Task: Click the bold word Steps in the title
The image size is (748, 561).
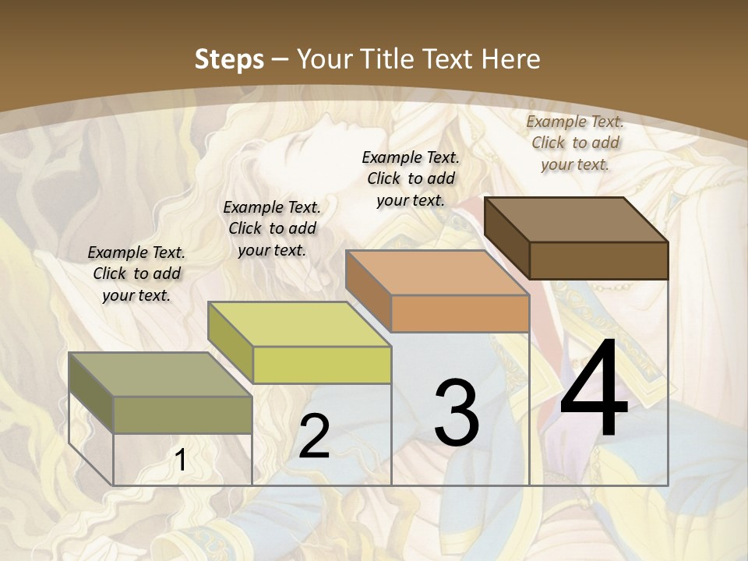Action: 229,59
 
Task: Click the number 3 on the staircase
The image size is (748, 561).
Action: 456,413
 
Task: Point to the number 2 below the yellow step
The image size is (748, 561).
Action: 314,437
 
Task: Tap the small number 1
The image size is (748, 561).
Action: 180,460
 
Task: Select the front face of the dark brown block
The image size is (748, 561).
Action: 598,260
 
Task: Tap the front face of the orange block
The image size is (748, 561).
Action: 460,314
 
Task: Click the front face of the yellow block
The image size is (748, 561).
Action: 322,365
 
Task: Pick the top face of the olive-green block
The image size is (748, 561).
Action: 161,374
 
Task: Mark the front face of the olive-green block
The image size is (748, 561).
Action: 182,415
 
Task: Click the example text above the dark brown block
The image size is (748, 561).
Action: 575,143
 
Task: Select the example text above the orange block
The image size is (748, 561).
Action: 411,178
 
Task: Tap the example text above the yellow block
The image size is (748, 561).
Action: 272,228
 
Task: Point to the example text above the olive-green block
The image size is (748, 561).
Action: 136,273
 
